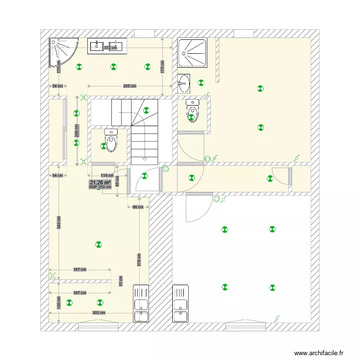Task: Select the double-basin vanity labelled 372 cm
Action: click(108, 46)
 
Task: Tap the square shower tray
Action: click(193, 52)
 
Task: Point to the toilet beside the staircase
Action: click(111, 140)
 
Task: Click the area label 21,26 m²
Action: click(100, 182)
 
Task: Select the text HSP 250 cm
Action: click(100, 187)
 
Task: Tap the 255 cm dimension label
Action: click(130, 86)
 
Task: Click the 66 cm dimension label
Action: click(138, 207)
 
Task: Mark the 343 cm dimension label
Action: click(59, 222)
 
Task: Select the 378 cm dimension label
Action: click(139, 260)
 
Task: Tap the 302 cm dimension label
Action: click(98, 312)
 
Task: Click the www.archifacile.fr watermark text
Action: click(319, 353)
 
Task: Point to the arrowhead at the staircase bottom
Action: click(145, 158)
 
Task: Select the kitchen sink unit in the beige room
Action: click(141, 303)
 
